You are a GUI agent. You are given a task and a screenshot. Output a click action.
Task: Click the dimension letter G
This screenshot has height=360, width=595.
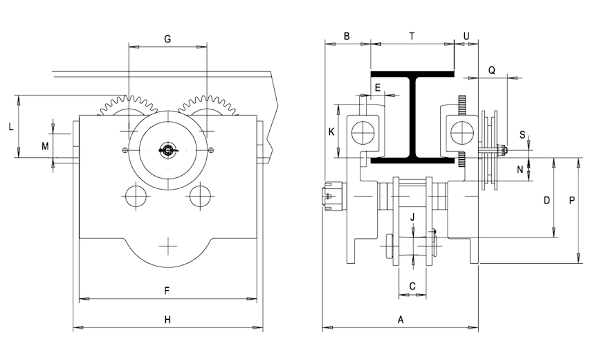167,39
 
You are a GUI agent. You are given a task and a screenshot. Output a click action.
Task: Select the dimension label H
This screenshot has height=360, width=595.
167,320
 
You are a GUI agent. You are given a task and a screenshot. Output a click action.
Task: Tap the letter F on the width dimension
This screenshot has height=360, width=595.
167,291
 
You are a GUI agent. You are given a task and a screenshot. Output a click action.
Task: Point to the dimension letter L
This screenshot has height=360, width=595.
11,127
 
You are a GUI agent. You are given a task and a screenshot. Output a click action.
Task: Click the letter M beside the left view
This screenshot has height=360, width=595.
45,146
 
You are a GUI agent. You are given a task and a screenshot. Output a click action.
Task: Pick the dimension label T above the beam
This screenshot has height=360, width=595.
412,37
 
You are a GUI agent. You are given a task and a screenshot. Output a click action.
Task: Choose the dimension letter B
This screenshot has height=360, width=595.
347,37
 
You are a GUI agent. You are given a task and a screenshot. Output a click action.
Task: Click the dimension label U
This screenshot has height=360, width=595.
466,37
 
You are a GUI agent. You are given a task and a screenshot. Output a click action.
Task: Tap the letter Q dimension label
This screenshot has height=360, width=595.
492,70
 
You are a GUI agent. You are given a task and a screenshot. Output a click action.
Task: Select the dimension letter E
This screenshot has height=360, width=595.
378,88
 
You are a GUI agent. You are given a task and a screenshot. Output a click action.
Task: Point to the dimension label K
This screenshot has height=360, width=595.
331,132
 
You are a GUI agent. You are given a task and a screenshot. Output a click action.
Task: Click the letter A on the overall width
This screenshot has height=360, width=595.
401,320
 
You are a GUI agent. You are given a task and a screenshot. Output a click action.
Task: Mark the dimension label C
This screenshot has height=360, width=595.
412,286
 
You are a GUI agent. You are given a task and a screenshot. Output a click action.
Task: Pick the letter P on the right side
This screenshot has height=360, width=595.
572,200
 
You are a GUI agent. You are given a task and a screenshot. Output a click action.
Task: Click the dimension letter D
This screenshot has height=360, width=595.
547,200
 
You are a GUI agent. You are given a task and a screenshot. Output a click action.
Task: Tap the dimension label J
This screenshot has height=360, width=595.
412,217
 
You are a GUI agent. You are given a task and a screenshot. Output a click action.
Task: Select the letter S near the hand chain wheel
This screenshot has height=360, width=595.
522,135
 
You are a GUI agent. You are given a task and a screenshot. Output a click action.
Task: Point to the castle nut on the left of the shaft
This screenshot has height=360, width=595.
333,195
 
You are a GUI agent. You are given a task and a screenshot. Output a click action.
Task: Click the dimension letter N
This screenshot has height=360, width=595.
520,170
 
